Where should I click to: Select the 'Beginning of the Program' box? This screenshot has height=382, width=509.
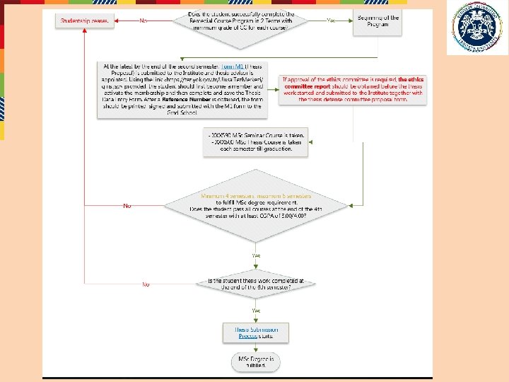click(x=378, y=21)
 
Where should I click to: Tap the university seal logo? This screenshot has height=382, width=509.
click(x=476, y=28)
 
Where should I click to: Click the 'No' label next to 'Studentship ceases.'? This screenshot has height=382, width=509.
click(x=144, y=21)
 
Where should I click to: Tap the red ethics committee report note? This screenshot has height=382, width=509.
click(x=352, y=89)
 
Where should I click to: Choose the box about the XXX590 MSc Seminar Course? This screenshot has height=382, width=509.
click(x=256, y=142)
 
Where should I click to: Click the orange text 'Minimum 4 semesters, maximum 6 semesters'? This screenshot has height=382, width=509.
click(x=256, y=196)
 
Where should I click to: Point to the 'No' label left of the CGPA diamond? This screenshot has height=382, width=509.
click(x=127, y=206)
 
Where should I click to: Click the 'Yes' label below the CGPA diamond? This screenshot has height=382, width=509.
click(x=256, y=255)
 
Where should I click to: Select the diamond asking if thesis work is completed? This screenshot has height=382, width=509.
click(x=256, y=284)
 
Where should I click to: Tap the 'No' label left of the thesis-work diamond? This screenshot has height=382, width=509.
click(x=146, y=284)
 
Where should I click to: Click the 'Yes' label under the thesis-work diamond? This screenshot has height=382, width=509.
click(x=256, y=311)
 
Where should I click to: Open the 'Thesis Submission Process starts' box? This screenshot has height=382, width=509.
click(x=256, y=332)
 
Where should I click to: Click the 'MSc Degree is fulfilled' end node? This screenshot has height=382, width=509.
click(x=256, y=363)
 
